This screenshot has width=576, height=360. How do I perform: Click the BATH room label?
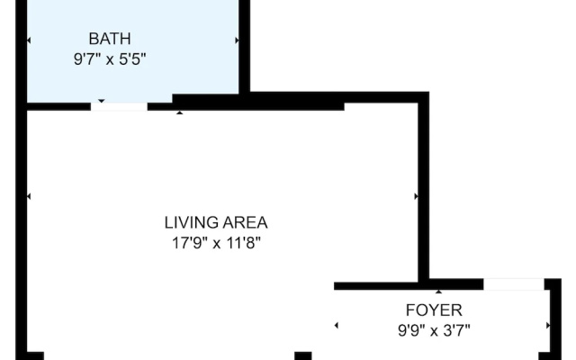[110, 39]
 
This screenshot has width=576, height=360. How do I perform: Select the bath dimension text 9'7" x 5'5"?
[110, 59]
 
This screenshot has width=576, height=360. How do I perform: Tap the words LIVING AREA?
[216, 223]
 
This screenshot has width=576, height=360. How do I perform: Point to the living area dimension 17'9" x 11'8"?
[216, 243]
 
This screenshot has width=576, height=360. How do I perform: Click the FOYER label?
[434, 310]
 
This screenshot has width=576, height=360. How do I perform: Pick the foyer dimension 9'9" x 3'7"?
[434, 330]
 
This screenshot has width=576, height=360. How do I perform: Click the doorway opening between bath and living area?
[119, 107]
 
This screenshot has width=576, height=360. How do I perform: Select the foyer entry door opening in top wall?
[514, 284]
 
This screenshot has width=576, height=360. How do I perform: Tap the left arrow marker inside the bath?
[29, 40]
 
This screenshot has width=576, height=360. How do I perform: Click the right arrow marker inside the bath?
[238, 40]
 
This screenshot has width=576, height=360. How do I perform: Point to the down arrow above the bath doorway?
[102, 101]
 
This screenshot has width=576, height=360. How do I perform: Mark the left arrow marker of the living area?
[29, 196]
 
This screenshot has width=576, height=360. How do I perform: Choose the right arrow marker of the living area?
[416, 196]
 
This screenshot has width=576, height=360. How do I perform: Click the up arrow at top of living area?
[180, 112]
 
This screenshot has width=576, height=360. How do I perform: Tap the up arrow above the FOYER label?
[438, 292]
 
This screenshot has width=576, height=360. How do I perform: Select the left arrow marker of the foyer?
[336, 325]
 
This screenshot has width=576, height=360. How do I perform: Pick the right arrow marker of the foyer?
[548, 325]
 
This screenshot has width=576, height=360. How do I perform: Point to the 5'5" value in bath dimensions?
[132, 59]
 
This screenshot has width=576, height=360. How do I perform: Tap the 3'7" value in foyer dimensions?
[456, 330]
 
